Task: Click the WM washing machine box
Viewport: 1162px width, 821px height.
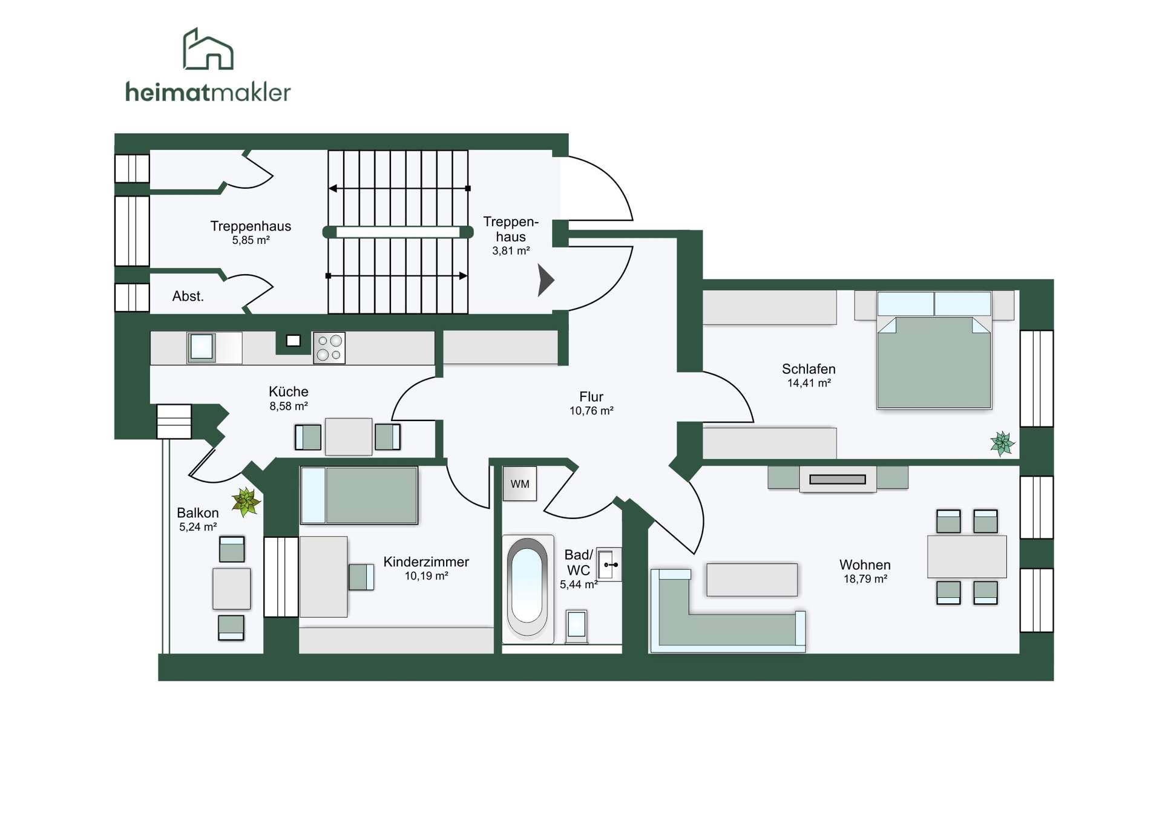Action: pos(520,483)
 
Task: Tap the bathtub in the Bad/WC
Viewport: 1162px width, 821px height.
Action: pos(527,587)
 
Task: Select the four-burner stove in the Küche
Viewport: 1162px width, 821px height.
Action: pos(329,348)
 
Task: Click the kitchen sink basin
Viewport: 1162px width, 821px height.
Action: pos(202,347)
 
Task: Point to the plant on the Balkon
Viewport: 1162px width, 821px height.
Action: pos(246,502)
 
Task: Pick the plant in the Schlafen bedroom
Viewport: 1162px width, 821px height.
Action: pos(1002,443)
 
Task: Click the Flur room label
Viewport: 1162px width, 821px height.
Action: pos(591,397)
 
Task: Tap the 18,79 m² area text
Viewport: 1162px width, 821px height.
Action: pos(865,579)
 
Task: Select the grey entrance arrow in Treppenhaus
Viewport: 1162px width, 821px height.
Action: pos(546,280)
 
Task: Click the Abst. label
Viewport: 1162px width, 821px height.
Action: pos(188,296)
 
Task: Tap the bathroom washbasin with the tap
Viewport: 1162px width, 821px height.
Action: pos(609,564)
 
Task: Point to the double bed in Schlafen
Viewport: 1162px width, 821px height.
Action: pos(934,350)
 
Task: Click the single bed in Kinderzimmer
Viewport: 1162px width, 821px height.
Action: pos(359,495)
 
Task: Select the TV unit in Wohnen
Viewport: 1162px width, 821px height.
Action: pos(838,479)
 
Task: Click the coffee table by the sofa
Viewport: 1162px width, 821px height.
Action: pos(752,580)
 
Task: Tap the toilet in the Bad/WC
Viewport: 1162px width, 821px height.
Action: pos(576,626)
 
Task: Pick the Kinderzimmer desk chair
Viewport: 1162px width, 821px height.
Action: pos(361,577)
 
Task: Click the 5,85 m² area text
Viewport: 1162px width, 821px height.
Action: pos(251,240)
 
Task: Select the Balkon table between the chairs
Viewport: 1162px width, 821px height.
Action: pos(231,588)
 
